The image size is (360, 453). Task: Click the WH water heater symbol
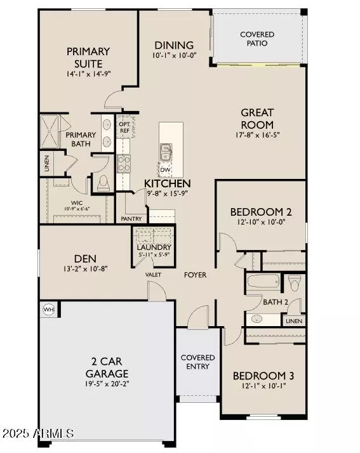pos(48,309)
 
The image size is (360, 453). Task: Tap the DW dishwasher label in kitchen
pos(165,169)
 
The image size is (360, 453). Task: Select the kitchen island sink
pos(166,152)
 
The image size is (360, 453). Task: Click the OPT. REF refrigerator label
pos(124,128)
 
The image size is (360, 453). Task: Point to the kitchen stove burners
pos(124,163)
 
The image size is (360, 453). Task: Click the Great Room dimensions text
pos(257,136)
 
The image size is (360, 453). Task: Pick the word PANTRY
pos(131,218)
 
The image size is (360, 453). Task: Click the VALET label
pos(153,275)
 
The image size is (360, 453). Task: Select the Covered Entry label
pos(198,362)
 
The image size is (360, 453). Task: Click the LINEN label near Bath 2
pos(294,322)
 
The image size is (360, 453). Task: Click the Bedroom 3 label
pos(262,375)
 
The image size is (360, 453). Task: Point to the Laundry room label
pos(152,247)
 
